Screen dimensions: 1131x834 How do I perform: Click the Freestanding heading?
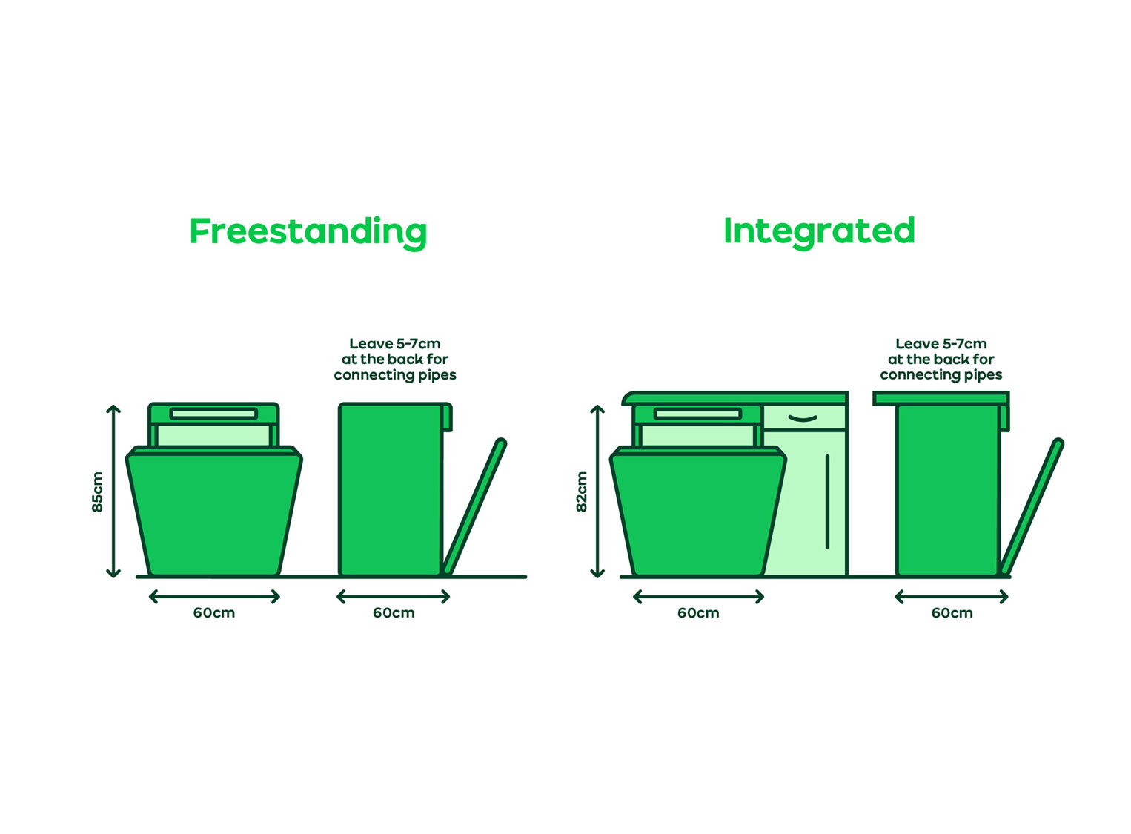tap(308, 233)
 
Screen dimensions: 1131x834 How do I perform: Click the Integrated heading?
tap(819, 232)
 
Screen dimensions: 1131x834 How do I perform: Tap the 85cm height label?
tap(97, 492)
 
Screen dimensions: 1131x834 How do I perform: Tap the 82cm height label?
tap(582, 492)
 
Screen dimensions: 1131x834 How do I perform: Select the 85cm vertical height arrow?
tap(113, 491)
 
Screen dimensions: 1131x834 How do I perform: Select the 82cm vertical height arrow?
tap(598, 491)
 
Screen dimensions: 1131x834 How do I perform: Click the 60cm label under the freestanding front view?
tap(214, 613)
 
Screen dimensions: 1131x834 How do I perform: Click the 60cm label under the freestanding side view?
tap(394, 613)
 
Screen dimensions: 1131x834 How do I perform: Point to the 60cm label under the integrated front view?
tap(698, 613)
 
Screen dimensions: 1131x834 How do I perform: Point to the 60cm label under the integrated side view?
tap(952, 613)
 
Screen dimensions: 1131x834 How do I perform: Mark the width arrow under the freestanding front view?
tap(215, 597)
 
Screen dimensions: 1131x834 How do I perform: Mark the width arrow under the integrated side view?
tap(952, 597)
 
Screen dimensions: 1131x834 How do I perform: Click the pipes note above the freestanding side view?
tap(395, 359)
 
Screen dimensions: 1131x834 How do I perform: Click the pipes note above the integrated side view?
tap(941, 359)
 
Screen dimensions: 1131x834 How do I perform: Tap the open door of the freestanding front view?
tap(214, 512)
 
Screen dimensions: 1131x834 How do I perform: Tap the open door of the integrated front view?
tap(698, 512)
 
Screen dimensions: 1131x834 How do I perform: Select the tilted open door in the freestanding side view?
tap(474, 506)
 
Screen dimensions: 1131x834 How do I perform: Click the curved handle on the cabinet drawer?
tap(803, 418)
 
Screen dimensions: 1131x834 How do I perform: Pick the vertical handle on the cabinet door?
tap(828, 502)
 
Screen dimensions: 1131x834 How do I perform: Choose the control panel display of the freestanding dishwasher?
tap(213, 414)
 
